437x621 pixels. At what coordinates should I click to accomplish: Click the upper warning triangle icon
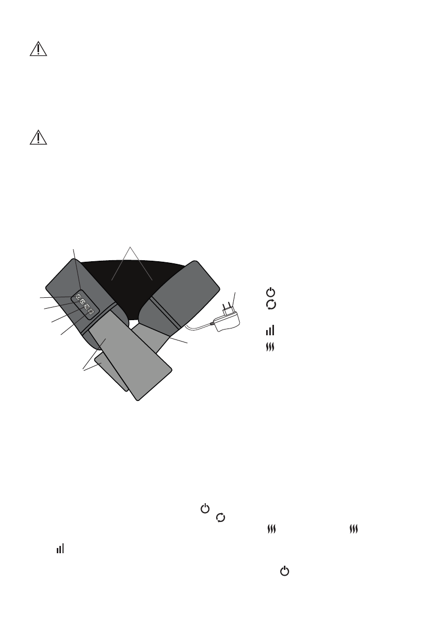38,49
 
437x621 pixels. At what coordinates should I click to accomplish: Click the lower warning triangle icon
38,137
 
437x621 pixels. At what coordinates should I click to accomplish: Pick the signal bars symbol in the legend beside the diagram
270,331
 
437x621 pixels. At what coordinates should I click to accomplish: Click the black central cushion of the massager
130,282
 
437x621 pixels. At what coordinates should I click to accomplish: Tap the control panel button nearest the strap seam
91,312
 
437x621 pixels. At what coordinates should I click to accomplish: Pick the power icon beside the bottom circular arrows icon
205,508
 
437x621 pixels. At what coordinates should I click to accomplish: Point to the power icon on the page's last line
284,571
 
